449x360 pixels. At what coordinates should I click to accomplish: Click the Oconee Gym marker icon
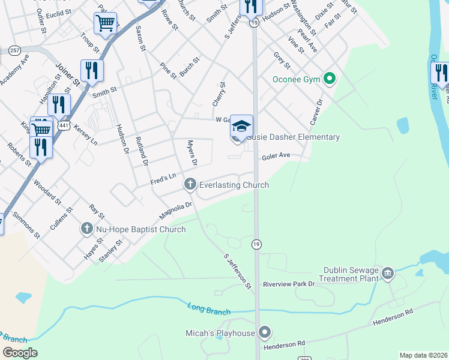329,79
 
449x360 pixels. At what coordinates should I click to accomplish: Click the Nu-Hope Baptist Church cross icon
86,229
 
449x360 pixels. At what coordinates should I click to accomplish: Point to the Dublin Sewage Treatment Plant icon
388,274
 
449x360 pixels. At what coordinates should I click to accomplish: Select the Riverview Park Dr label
289,284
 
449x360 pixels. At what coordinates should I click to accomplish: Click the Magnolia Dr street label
175,210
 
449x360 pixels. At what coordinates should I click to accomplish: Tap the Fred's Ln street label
164,178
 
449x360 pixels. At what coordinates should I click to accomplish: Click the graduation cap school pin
241,127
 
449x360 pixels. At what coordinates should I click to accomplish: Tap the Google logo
20,353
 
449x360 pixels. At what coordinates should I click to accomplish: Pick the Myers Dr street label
191,153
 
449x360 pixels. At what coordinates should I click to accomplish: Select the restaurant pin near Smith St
92,70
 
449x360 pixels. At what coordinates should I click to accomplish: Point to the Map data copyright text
423,355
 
